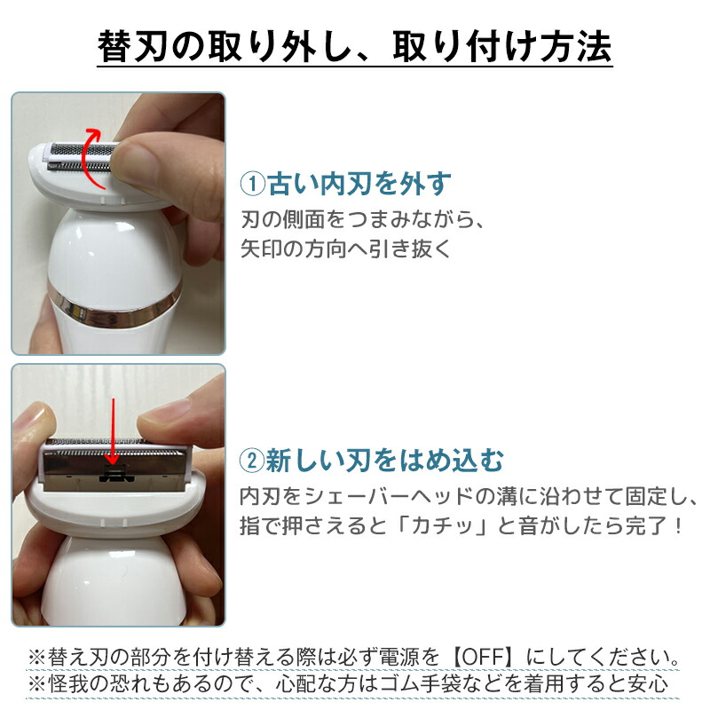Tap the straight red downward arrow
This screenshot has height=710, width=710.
tap(114, 431)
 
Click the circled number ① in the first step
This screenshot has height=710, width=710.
tap(252, 185)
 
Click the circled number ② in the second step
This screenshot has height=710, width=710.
tap(252, 461)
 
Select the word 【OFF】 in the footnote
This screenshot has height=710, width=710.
tap(484, 657)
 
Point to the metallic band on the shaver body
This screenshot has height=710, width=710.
tap(114, 305)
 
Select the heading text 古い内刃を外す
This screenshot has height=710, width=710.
tap(359, 185)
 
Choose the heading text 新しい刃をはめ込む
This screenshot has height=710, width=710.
tap(385, 461)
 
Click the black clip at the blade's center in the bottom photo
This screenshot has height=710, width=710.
tap(116, 474)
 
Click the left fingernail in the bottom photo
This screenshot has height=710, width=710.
tap(34, 416)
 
